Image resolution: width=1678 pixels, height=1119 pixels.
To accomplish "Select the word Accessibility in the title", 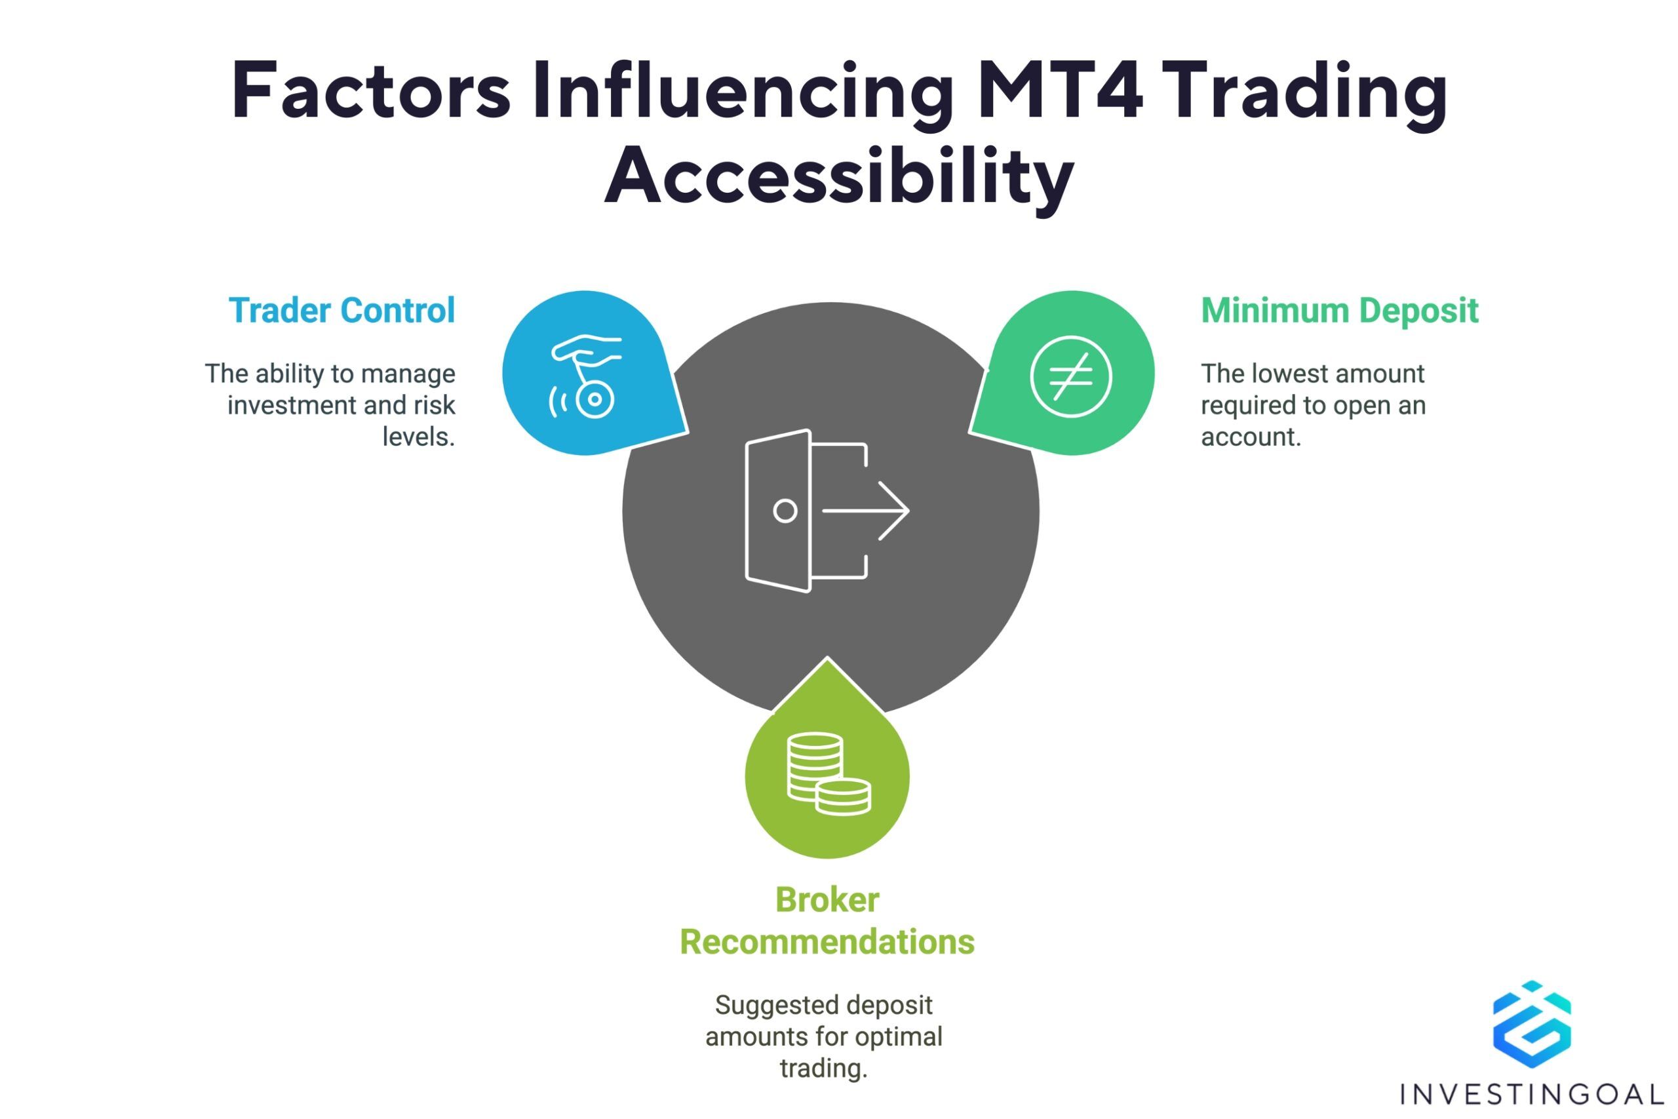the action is (839, 176).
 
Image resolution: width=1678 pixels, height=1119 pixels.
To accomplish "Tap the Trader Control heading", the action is (341, 311).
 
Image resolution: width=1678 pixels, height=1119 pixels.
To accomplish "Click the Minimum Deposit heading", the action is (1339, 311).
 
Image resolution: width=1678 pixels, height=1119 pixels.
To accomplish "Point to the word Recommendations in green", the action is (827, 942).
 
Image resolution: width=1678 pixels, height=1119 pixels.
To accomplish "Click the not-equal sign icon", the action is (1071, 376).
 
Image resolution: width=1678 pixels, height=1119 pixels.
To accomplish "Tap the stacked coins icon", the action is (829, 774).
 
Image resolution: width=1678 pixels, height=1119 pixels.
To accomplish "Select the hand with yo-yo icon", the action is (585, 376).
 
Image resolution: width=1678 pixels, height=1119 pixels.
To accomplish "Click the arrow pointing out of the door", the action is (865, 511).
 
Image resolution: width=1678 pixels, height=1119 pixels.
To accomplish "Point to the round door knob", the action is (785, 511).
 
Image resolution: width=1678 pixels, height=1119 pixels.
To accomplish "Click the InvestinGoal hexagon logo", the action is (1532, 1024).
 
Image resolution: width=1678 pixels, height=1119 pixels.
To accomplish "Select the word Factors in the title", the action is (371, 91).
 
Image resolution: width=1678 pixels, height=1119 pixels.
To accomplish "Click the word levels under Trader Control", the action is (419, 437).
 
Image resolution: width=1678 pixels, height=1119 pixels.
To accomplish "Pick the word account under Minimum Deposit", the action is (1251, 437).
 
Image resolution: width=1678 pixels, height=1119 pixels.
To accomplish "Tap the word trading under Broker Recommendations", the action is (823, 1069).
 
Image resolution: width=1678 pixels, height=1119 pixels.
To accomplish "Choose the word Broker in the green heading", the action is (827, 900).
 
